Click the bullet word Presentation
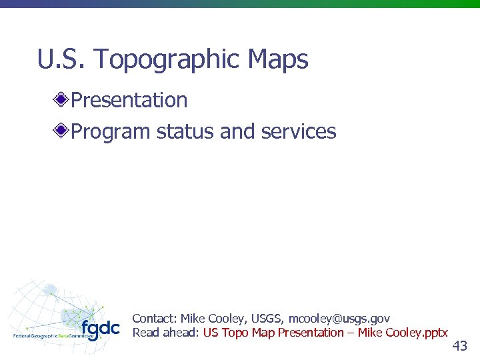[x=129, y=100]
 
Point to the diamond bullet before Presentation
[x=61, y=101]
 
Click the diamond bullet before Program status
[x=61, y=131]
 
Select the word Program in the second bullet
[x=111, y=132]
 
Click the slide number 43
[x=459, y=345]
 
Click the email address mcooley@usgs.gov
[x=339, y=319]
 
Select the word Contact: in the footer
[x=155, y=319]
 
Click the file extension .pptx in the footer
[x=436, y=333]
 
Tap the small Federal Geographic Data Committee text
[x=53, y=336]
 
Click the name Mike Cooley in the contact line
[x=213, y=319]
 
